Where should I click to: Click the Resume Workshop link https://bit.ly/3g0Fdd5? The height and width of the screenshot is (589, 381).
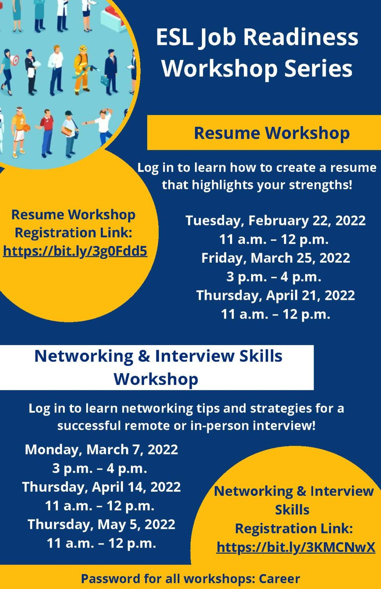coord(75,251)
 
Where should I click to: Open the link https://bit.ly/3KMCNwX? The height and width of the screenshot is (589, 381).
coord(296,547)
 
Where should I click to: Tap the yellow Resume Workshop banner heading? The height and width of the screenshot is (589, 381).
coord(271,133)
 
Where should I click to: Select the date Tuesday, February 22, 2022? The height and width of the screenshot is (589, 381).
coord(275,221)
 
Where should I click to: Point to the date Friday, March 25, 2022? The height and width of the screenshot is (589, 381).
coord(275,258)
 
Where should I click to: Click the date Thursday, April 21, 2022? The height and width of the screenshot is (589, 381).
coord(275,296)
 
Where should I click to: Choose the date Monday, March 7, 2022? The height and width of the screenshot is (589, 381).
coord(101,449)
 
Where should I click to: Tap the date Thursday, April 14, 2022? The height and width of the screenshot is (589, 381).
coord(101,487)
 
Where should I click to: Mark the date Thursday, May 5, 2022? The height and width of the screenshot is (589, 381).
coord(101,524)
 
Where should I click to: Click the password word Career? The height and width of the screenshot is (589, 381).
coord(279,579)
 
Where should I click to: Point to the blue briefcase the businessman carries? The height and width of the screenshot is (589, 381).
coord(104,81)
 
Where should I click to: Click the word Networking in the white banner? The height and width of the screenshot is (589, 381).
coord(84,356)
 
